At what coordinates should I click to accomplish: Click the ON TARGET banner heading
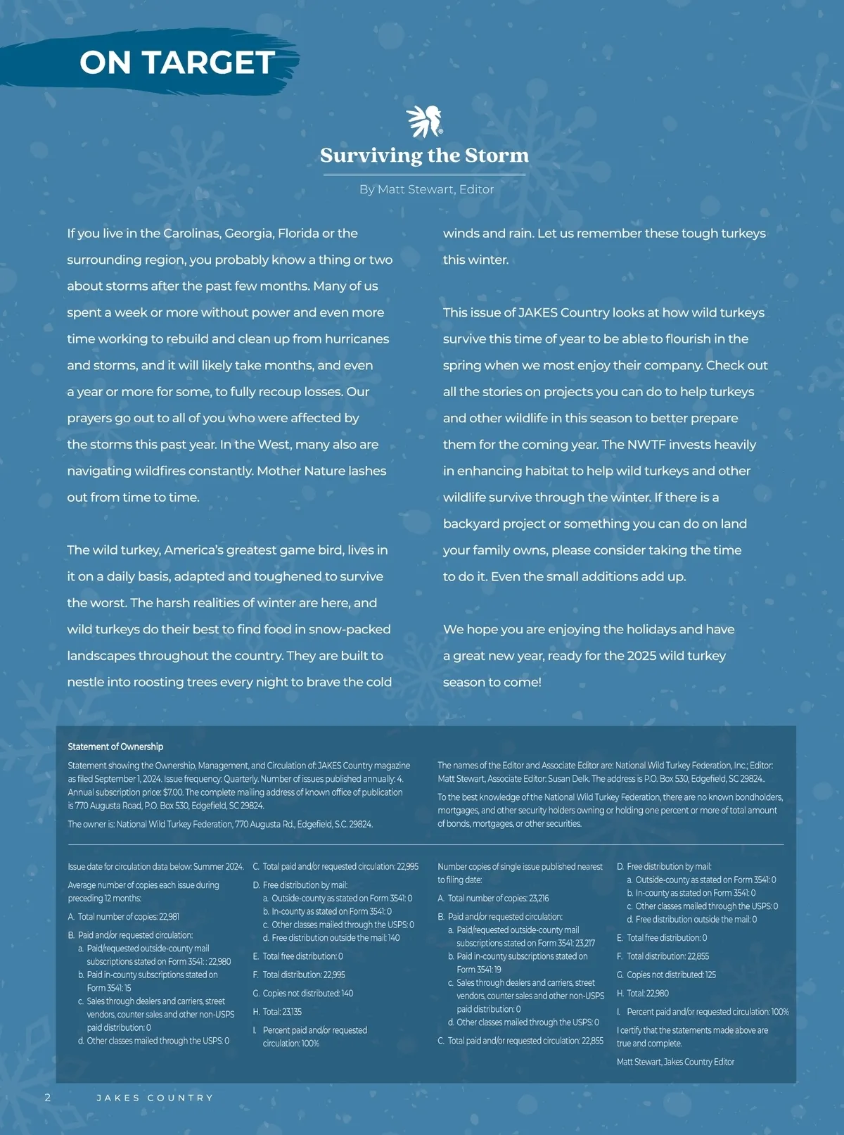(177, 63)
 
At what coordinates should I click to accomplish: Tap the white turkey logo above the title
(424, 121)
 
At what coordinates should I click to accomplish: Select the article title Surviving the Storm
(424, 156)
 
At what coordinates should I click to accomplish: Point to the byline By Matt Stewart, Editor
(426, 189)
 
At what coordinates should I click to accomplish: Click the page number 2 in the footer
(47, 1098)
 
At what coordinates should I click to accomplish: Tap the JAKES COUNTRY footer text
(155, 1098)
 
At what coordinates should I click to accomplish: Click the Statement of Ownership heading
(115, 747)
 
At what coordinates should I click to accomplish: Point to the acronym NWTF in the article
(645, 445)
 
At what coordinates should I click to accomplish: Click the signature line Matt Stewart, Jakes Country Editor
(675, 1062)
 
